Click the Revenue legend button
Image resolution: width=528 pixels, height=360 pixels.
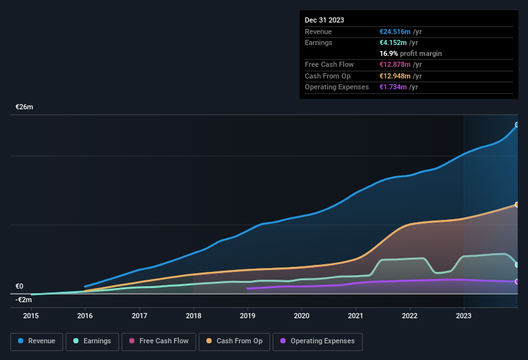pyautogui.click(x=37, y=341)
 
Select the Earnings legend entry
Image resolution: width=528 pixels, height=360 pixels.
pyautogui.click(x=92, y=341)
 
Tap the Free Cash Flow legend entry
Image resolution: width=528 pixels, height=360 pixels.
pyautogui.click(x=158, y=341)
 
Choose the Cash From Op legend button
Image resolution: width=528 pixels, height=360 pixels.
pyautogui.click(x=234, y=341)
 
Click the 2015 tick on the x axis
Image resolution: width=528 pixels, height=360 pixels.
pyautogui.click(x=31, y=316)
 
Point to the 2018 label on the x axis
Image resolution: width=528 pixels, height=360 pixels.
pyautogui.click(x=194, y=316)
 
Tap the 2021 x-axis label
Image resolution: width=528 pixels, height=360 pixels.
pyautogui.click(x=356, y=316)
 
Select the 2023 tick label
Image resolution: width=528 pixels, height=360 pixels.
pyautogui.click(x=464, y=316)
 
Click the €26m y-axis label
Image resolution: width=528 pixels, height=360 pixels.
pyautogui.click(x=24, y=107)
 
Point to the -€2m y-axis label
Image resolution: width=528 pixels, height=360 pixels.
pyautogui.click(x=24, y=300)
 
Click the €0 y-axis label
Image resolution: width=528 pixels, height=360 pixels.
pyautogui.click(x=19, y=287)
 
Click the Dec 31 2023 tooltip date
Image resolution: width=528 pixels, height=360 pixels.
pyautogui.click(x=324, y=20)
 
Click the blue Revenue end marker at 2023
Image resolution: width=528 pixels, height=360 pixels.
pyautogui.click(x=517, y=125)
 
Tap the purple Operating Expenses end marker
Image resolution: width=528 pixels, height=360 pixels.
pyautogui.click(x=517, y=282)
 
